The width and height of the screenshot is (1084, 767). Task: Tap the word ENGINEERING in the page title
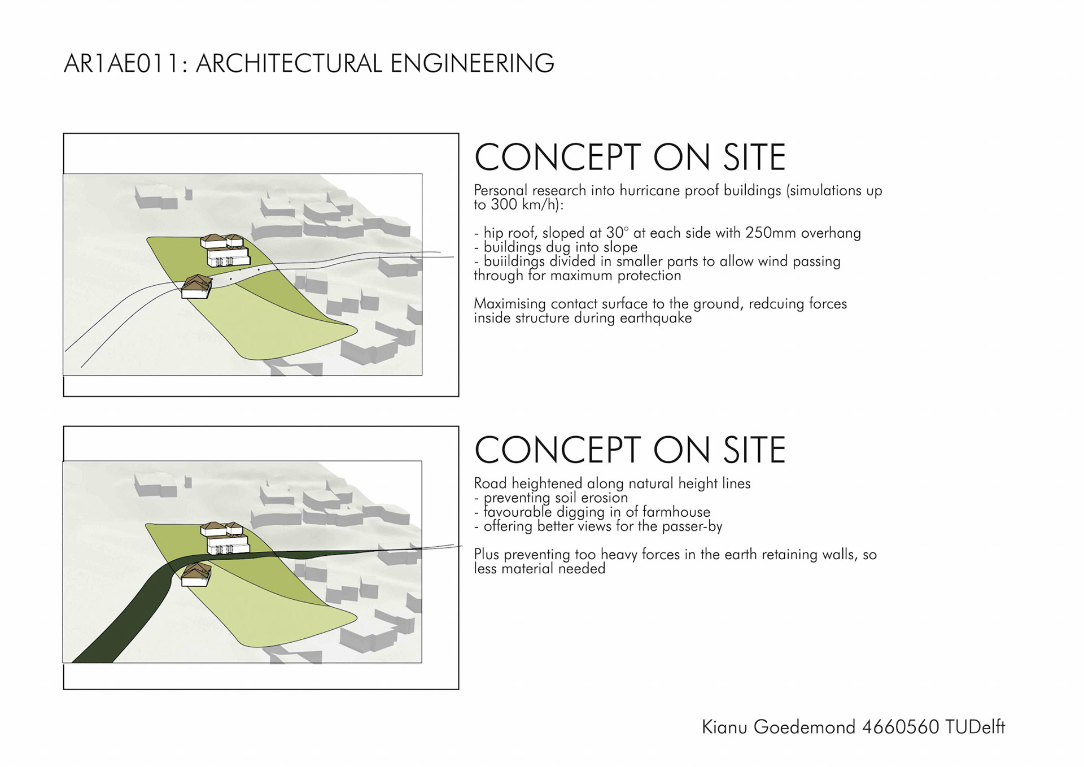coord(472,63)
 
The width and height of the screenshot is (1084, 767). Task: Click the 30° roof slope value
coord(617,233)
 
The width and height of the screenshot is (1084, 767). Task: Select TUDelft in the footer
coord(974,727)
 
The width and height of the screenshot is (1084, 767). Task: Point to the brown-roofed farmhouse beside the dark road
coord(196,574)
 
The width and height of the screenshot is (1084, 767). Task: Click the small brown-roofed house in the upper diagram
coord(196,286)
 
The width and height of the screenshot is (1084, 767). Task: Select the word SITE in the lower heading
coord(754,450)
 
